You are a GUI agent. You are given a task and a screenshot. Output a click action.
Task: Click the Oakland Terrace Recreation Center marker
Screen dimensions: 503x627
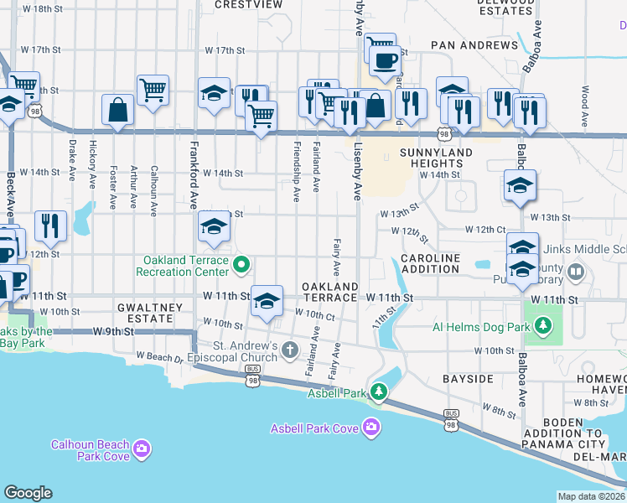[241, 266]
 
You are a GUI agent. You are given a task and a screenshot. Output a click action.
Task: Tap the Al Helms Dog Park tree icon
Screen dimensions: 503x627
[544, 324]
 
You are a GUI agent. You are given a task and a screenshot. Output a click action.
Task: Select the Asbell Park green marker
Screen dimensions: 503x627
[379, 392]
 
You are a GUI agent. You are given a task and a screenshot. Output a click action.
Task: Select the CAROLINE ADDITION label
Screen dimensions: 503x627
[430, 263]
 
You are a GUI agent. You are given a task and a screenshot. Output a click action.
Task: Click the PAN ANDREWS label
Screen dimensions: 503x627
[474, 44]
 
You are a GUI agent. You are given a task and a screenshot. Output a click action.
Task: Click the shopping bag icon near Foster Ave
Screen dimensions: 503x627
[118, 110]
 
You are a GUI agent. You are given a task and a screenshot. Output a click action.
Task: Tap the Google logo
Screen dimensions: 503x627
[28, 493]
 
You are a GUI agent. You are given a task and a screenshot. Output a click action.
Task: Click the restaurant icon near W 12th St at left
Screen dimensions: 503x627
[50, 226]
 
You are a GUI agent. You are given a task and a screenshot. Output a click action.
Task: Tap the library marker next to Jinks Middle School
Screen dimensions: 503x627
[575, 272]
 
